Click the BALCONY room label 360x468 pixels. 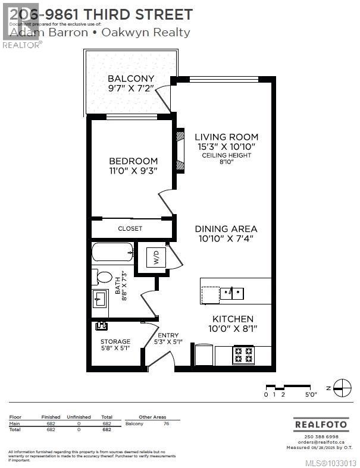click(x=130, y=78)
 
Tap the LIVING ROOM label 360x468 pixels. click(x=218, y=137)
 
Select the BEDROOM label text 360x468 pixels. click(x=133, y=161)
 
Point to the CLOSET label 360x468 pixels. click(x=130, y=228)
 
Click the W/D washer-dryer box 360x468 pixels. click(x=156, y=259)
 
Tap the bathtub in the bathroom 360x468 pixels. click(x=112, y=252)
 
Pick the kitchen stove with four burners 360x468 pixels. click(x=243, y=355)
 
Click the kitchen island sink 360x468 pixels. click(x=232, y=293)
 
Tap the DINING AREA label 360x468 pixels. click(x=226, y=229)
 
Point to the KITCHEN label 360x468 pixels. click(x=228, y=319)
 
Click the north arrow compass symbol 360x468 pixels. click(x=342, y=388)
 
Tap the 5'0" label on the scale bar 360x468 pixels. click(x=311, y=394)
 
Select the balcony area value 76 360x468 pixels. click(x=166, y=423)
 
